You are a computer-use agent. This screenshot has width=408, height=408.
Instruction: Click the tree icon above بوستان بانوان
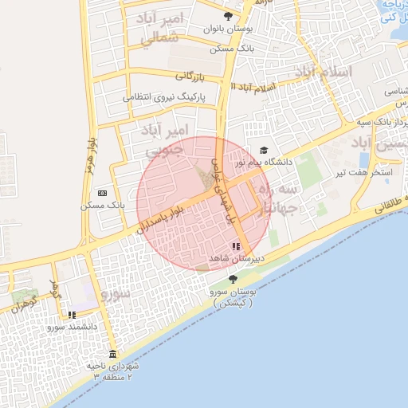pos(229,16)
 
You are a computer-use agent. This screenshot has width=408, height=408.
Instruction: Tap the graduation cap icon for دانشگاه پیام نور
pos(264,150)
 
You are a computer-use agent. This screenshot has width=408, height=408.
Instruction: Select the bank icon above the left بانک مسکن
pos(102,193)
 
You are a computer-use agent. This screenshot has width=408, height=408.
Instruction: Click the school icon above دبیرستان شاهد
pos(236,247)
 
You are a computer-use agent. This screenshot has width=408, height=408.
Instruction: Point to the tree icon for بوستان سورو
pos(232,279)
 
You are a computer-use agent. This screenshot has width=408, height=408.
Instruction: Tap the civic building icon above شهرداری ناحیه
pos(112,354)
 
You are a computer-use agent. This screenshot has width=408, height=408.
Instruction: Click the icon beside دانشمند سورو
pos(72,315)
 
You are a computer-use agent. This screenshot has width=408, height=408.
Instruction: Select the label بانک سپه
pos(374,122)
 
